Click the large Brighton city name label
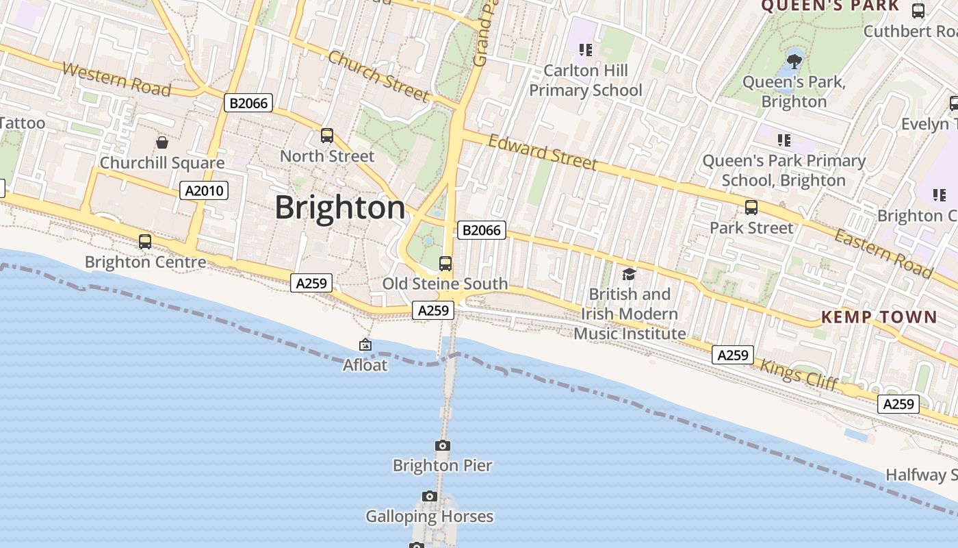pyautogui.click(x=340, y=208)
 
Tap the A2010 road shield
pyautogui.click(x=204, y=190)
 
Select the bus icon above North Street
pyautogui.click(x=327, y=136)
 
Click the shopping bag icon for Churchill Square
pyautogui.click(x=162, y=142)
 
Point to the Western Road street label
pyautogui.click(x=116, y=79)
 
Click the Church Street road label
pyautogui.click(x=378, y=75)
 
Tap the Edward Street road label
pyautogui.click(x=543, y=151)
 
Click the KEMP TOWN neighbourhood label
pyautogui.click(x=879, y=316)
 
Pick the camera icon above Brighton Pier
pyautogui.click(x=443, y=446)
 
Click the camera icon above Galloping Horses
pyautogui.click(x=429, y=497)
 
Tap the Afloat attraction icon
pyautogui.click(x=365, y=345)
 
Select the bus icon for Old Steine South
pyautogui.click(x=445, y=264)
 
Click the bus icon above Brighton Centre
pyautogui.click(x=145, y=242)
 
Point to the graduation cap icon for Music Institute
pyautogui.click(x=629, y=275)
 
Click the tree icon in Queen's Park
pyautogui.click(x=794, y=62)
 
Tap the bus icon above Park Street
pyautogui.click(x=751, y=208)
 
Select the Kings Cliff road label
pyautogui.click(x=799, y=374)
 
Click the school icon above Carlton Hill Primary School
pyautogui.click(x=586, y=49)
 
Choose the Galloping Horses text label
pyautogui.click(x=429, y=516)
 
